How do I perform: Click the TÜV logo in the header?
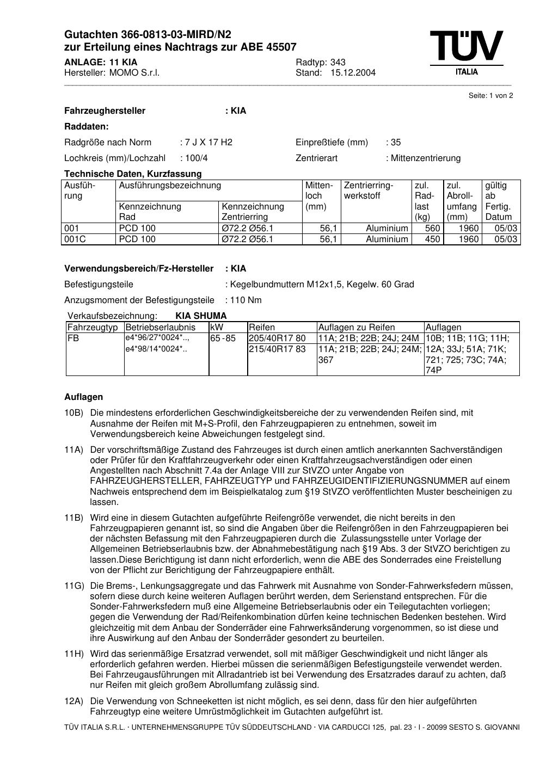[x=467, y=52]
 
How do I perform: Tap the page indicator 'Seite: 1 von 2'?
[x=490, y=96]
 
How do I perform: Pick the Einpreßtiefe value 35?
[x=395, y=143]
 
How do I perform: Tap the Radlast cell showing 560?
[x=432, y=229]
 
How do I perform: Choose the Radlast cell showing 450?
[x=432, y=239]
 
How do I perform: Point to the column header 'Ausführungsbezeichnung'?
[x=170, y=186]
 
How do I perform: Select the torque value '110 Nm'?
[x=246, y=300]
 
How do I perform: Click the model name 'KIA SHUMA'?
[x=201, y=316]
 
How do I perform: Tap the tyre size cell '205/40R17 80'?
[x=277, y=338]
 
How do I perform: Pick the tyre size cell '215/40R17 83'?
[x=277, y=349]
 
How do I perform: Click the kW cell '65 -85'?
[x=223, y=338]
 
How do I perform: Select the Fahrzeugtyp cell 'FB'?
[x=73, y=338]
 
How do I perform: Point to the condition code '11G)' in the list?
[x=74, y=586]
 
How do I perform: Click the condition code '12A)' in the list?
[x=74, y=701]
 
